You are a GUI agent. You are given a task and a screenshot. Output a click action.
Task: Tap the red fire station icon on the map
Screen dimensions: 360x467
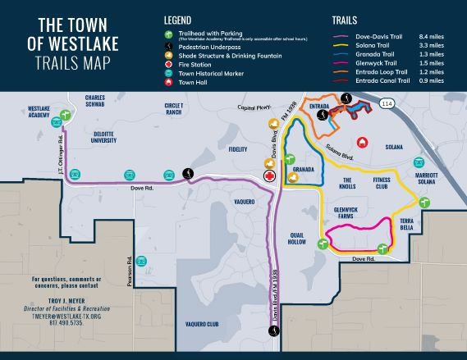tap(268, 175)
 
